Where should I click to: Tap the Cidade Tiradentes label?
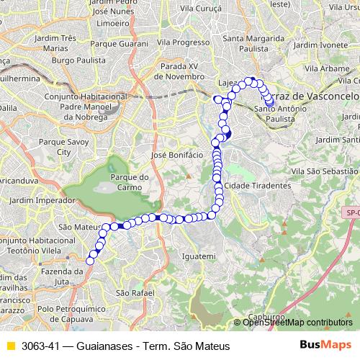(x=258, y=185)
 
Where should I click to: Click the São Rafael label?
(x=130, y=293)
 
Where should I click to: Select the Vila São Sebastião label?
(x=324, y=171)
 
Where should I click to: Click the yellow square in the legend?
(x=9, y=346)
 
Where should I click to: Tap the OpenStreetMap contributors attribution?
(x=297, y=323)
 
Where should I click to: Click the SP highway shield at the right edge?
(x=351, y=212)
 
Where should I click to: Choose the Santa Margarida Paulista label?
(x=253, y=42)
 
